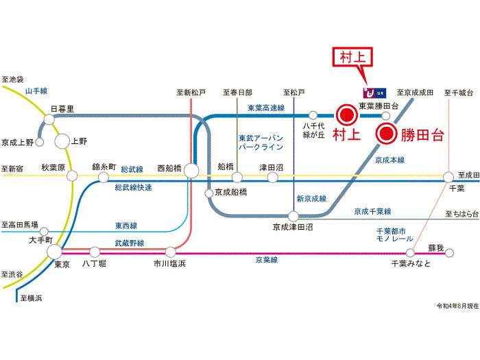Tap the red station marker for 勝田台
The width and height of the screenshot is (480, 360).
point(387,134)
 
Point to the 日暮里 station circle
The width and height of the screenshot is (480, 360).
point(49,119)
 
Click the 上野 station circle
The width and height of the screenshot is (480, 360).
point(62,141)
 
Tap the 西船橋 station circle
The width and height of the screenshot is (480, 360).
point(191,170)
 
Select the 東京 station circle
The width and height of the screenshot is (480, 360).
point(55,252)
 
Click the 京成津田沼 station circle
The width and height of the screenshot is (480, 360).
point(293,217)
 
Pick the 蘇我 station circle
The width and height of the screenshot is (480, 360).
point(449,253)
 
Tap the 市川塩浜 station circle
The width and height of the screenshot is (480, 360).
point(170,252)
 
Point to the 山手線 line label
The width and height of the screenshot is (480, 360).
point(36,91)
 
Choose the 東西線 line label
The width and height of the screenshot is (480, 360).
point(126,226)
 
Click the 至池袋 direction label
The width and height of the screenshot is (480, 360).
point(12,80)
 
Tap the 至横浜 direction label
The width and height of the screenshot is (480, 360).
point(32,298)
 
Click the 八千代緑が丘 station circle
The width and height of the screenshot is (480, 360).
point(313,115)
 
